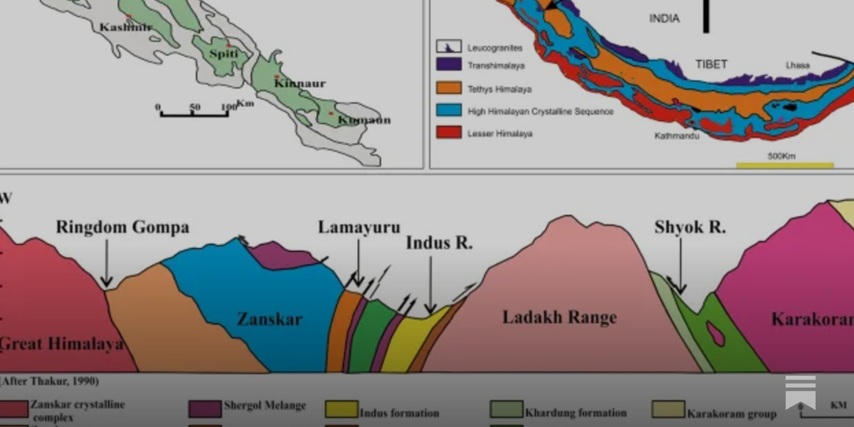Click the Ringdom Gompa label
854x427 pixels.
(x=122, y=227)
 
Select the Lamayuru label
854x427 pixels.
(x=359, y=227)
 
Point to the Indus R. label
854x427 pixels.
(x=439, y=243)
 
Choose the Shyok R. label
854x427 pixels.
(x=690, y=227)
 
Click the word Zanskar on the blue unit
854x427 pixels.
(x=270, y=319)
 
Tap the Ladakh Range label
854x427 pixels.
(x=559, y=317)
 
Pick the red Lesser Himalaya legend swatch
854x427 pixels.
(x=448, y=132)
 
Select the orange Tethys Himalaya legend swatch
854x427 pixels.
(x=448, y=88)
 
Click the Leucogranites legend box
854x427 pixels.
(x=448, y=46)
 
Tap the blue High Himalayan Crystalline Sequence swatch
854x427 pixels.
(x=448, y=110)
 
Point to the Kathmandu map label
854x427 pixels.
(x=676, y=136)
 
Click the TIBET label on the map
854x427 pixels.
(x=711, y=64)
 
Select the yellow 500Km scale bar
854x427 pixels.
(x=785, y=165)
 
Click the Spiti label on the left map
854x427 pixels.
(x=223, y=53)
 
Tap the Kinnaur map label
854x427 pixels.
(x=299, y=83)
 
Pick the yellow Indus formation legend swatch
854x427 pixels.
(x=342, y=409)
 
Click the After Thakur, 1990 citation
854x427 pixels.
(x=50, y=381)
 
